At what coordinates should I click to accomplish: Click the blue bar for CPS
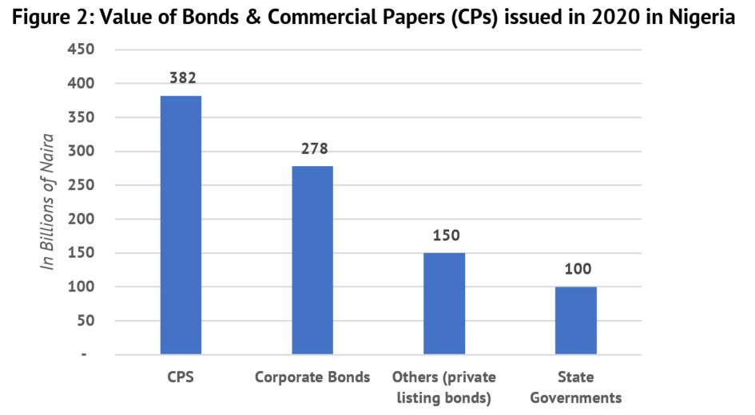(181, 225)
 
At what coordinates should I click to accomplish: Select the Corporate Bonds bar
(312, 260)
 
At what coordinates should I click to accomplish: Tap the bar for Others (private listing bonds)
(444, 303)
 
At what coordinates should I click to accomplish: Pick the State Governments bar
(576, 320)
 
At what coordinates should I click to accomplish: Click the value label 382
(181, 78)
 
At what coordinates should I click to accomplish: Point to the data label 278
(313, 148)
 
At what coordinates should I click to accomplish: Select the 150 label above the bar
(445, 235)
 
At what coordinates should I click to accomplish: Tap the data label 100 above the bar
(577, 270)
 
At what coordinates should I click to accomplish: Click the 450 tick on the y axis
(81, 49)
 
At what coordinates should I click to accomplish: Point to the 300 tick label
(81, 152)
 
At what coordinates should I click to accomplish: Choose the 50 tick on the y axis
(85, 321)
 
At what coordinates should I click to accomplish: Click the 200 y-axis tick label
(81, 219)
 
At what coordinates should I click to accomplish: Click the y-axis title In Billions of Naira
(49, 202)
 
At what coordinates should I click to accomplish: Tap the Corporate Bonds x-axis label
(312, 377)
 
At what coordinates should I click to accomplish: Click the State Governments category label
(576, 387)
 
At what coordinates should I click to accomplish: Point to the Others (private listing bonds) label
(444, 387)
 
